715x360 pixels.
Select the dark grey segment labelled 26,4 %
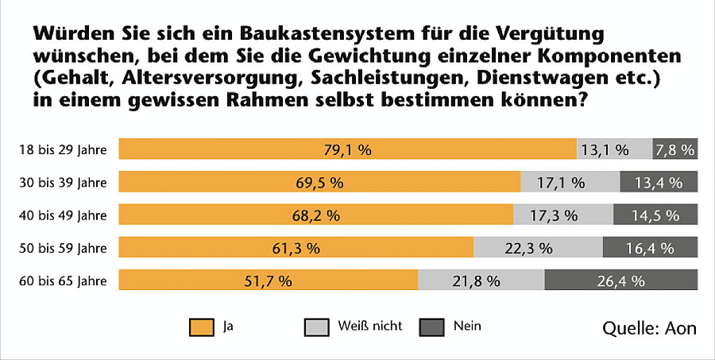tap(620, 280)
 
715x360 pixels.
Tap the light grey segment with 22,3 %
tap(538, 247)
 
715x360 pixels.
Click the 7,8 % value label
tap(674, 149)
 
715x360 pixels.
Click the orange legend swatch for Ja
tap(203, 326)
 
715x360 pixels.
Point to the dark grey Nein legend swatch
tap(431, 326)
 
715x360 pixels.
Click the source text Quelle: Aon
tap(650, 328)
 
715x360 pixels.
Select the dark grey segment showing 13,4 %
tap(659, 182)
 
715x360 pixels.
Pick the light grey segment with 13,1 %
tap(613, 149)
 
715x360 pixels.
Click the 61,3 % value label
tap(295, 247)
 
